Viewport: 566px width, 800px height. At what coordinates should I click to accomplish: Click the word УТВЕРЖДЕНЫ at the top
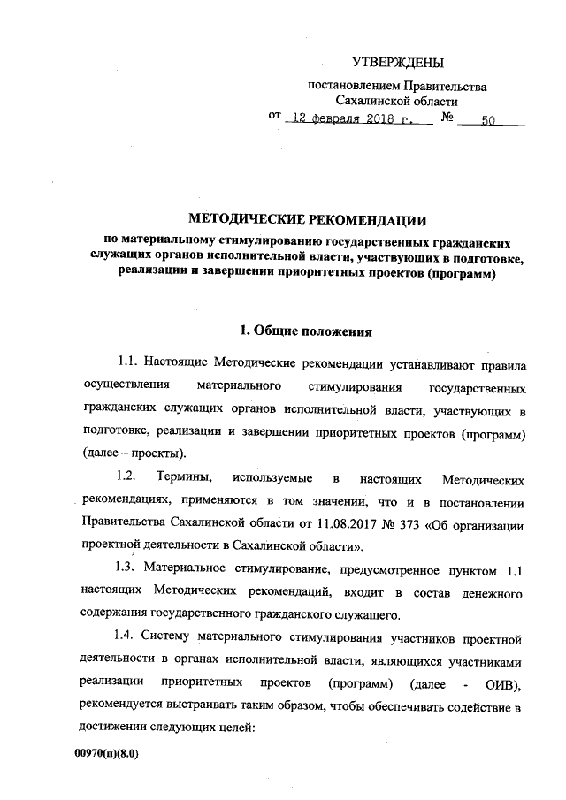click(x=397, y=62)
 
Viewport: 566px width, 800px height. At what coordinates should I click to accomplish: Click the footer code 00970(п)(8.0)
click(x=109, y=756)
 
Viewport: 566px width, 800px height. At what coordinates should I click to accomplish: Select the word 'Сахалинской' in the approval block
click(x=386, y=102)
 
